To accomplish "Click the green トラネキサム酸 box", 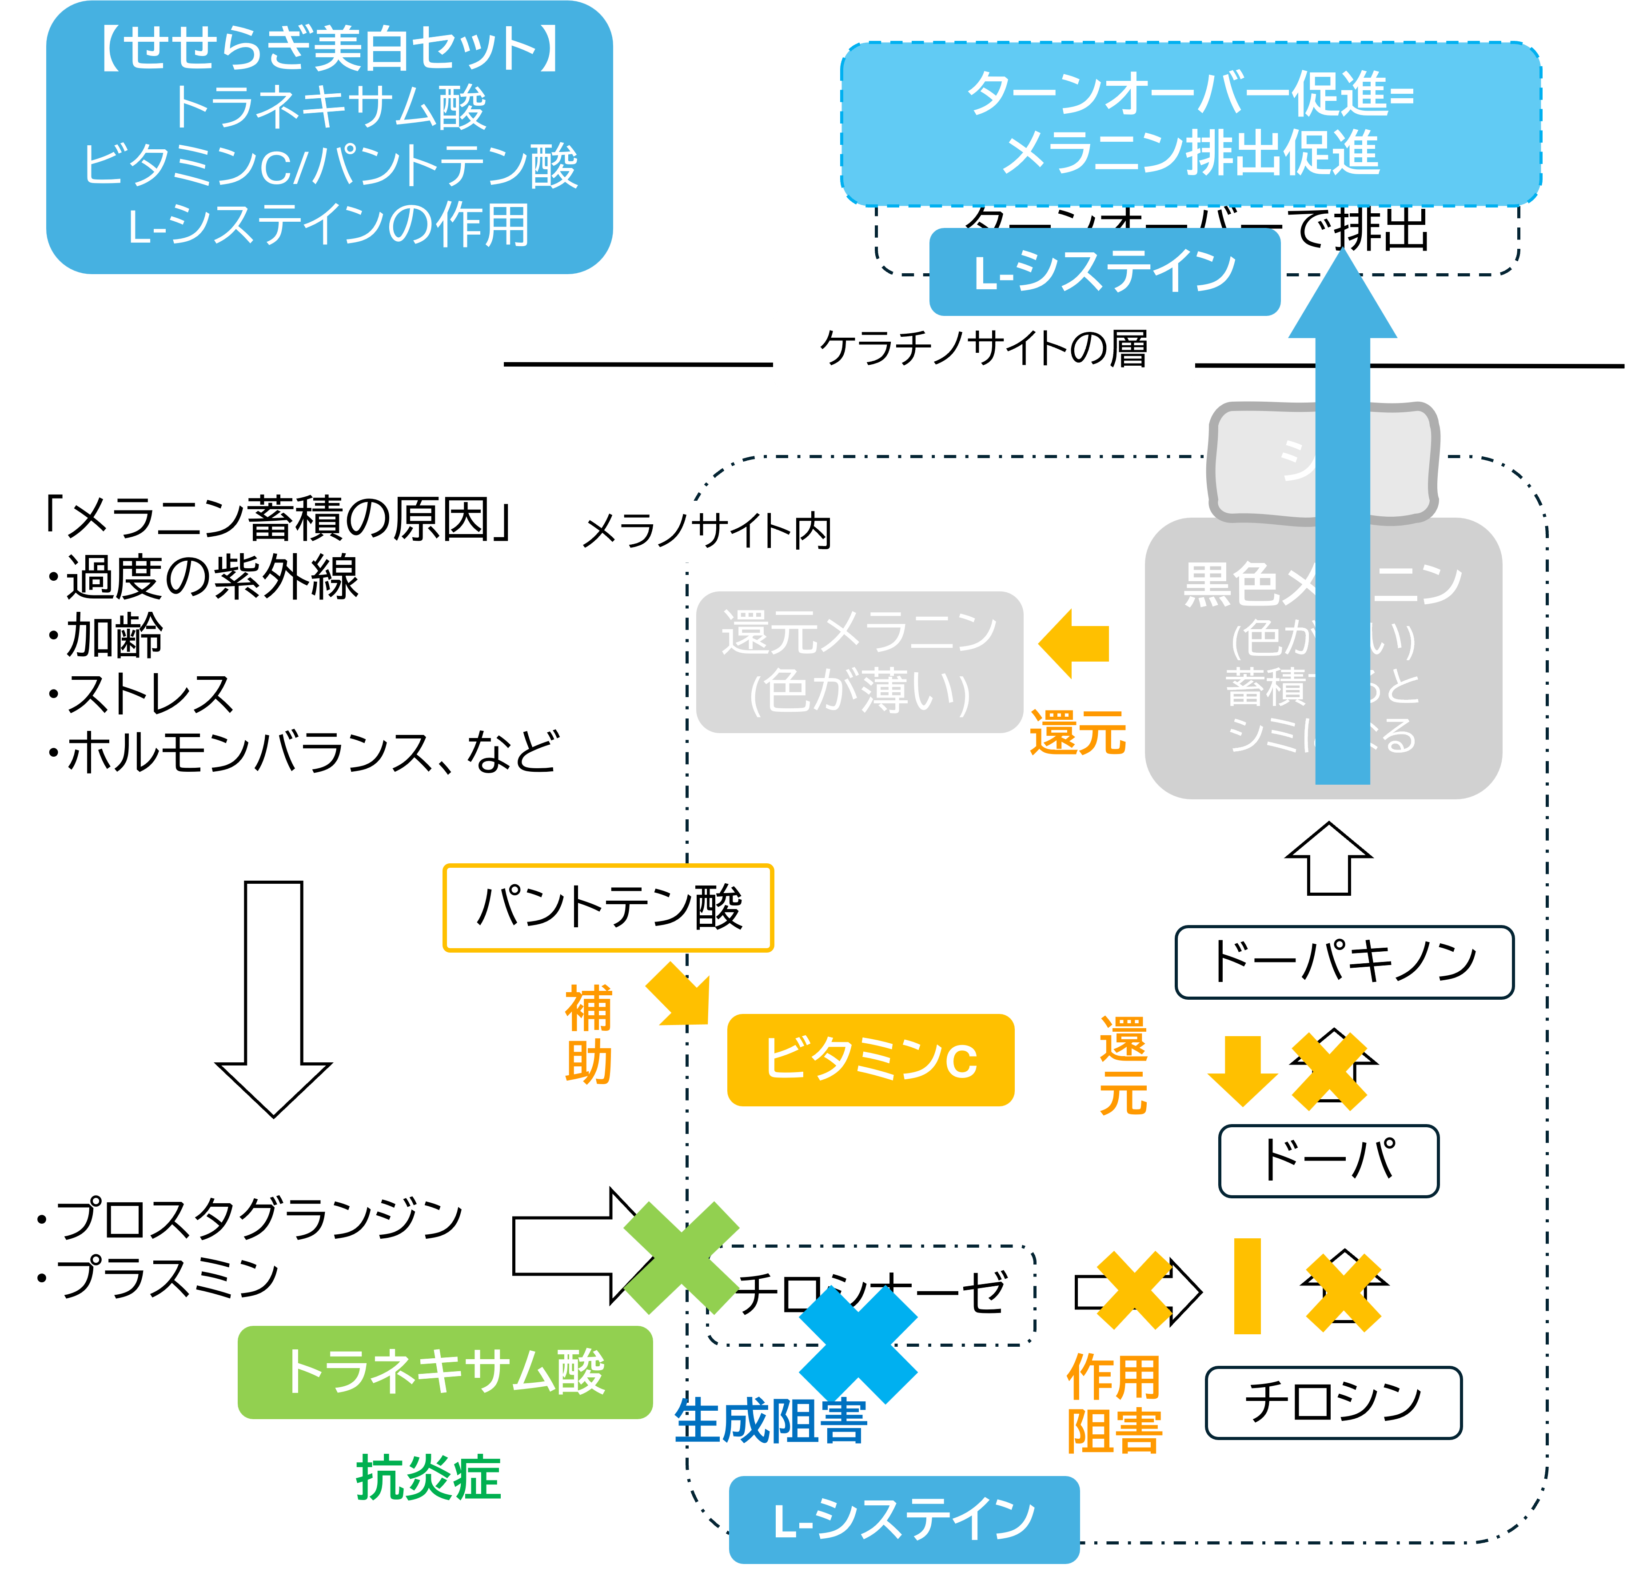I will tap(445, 1372).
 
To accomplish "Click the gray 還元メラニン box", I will tap(859, 662).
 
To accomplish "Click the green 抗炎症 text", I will tap(428, 1478).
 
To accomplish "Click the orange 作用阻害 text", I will tap(1114, 1403).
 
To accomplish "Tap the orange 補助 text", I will tap(589, 1034).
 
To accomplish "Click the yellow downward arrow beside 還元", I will tap(1242, 1071).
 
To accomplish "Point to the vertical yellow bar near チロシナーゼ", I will tap(1247, 1285).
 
